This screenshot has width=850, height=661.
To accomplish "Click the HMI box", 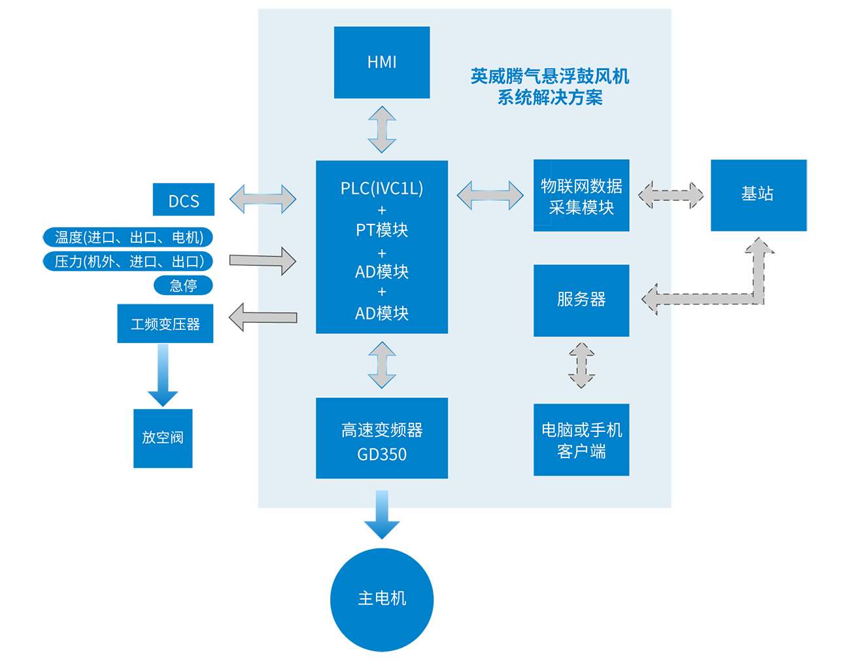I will [382, 62].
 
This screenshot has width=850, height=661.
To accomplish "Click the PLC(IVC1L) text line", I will [382, 188].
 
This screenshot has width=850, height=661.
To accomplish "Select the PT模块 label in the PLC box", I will [382, 230].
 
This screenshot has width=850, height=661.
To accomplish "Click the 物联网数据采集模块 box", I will [581, 196].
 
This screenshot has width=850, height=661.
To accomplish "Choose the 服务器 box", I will [581, 300].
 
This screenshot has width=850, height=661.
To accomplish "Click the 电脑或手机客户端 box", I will [581, 440].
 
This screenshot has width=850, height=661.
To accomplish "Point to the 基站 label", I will [757, 194].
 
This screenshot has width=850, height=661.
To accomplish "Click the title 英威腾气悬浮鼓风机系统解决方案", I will [550, 87].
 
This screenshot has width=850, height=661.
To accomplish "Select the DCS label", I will [184, 202].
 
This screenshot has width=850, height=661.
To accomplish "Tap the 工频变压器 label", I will [165, 325].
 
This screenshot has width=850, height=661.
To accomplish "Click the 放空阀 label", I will [163, 437].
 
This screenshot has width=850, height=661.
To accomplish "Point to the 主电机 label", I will [382, 598].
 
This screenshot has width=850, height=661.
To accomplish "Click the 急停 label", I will [184, 286].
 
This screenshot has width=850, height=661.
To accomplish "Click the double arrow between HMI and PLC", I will [382, 130].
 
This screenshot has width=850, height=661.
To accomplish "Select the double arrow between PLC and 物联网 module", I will [490, 196].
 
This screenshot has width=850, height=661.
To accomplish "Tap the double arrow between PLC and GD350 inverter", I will [382, 365].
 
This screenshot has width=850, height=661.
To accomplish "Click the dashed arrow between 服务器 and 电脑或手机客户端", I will [581, 365].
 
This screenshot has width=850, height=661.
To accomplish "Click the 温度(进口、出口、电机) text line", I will [129, 238].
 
